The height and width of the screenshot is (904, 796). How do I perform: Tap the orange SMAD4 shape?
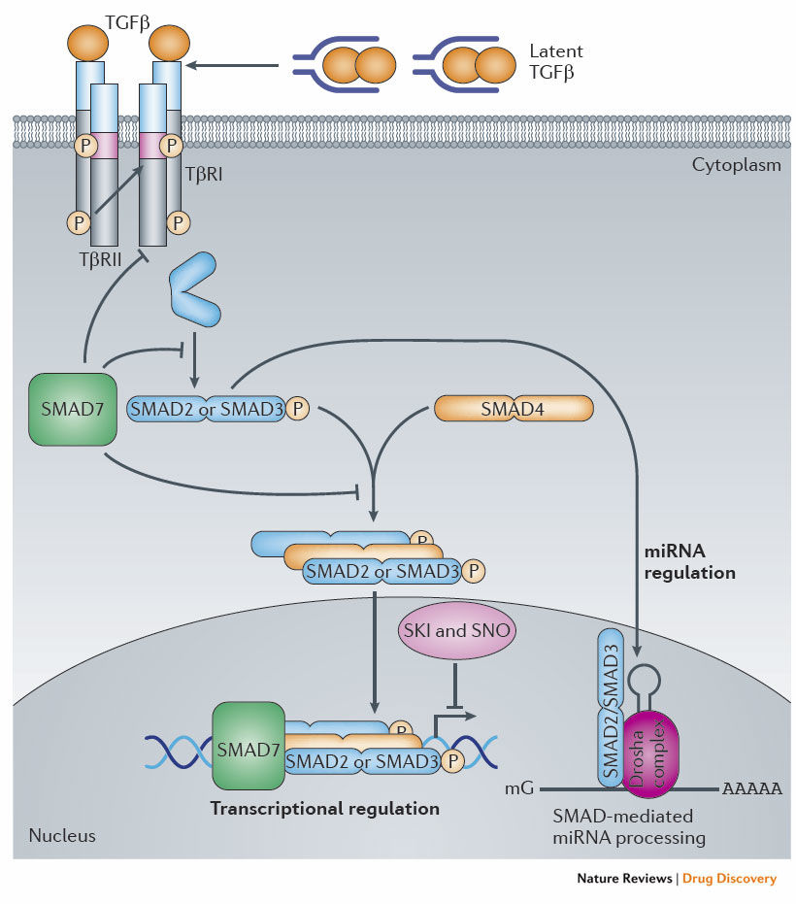pyautogui.click(x=513, y=409)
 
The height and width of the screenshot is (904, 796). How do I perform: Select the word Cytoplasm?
pyautogui.click(x=736, y=164)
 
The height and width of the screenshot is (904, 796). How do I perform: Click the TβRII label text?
pyautogui.click(x=101, y=259)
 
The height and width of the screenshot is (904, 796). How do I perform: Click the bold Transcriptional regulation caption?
pyautogui.click(x=325, y=808)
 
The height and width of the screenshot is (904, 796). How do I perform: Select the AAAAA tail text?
pyautogui.click(x=751, y=787)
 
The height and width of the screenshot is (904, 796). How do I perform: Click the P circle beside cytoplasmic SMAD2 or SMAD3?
pyautogui.click(x=297, y=409)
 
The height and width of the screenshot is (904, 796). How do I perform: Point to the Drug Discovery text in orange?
pyautogui.click(x=728, y=878)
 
